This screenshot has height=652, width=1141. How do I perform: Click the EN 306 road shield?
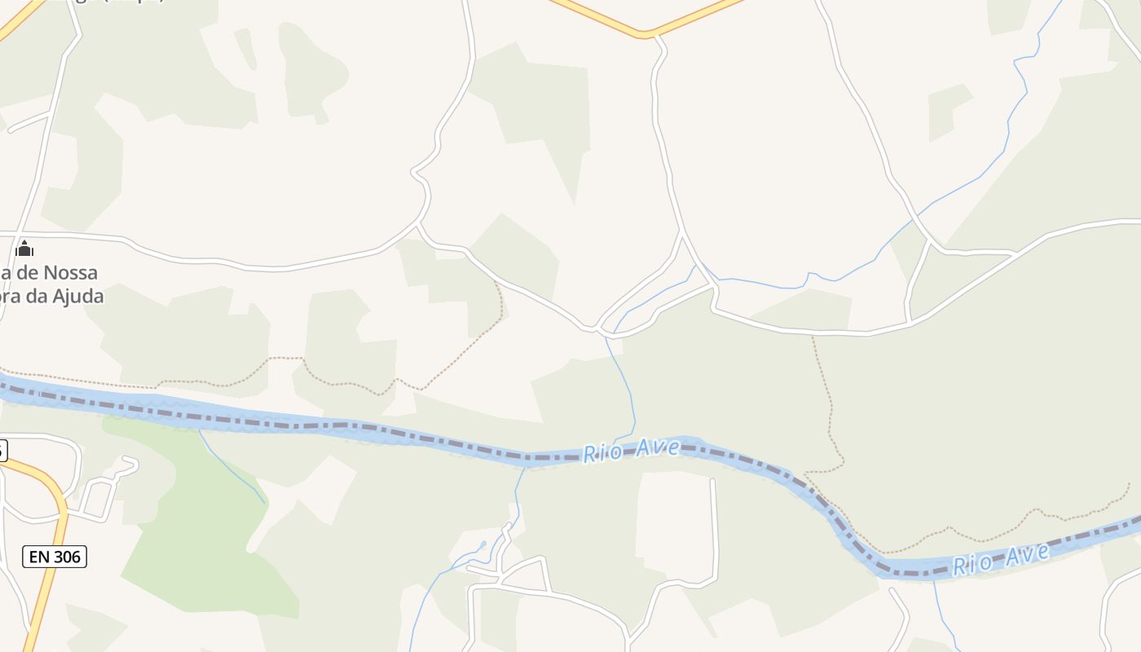(54, 557)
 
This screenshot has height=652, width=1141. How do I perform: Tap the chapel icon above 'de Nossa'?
(24, 249)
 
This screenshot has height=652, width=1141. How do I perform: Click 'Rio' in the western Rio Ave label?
(600, 453)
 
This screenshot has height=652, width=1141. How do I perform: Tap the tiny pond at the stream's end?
(483, 544)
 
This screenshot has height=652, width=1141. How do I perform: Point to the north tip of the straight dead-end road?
(712, 482)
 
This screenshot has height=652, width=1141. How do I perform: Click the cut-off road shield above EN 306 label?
(2, 450)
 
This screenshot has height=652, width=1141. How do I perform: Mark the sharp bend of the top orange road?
(645, 34)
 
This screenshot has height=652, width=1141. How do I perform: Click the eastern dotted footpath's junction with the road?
(813, 335)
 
